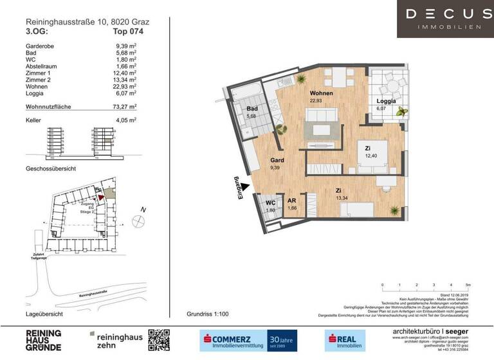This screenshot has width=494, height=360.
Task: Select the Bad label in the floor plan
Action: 252,109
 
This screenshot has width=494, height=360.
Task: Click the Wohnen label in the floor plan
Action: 321,93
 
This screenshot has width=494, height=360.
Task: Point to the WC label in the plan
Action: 271,203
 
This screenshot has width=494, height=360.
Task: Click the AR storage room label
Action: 291,201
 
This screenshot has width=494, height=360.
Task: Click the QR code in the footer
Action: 159,340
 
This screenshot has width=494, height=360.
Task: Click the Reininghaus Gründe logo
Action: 44,340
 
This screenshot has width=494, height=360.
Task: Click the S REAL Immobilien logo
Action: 344,340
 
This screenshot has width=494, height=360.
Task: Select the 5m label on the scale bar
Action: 468,283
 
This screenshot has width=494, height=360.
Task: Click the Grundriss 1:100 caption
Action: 207,314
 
